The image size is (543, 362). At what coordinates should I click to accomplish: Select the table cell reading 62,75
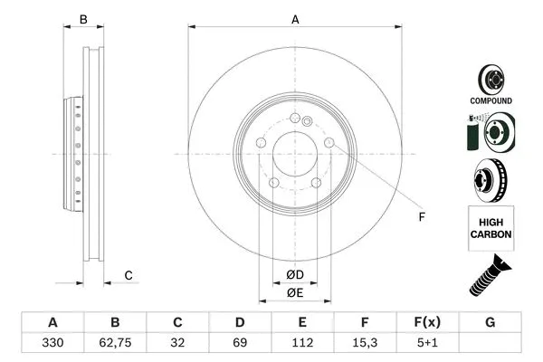[x=115, y=344]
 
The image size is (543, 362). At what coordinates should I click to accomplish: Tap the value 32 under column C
[x=177, y=344]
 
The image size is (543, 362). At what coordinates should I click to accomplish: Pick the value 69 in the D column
[x=240, y=344]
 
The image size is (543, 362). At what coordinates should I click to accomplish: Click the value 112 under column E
[x=303, y=344]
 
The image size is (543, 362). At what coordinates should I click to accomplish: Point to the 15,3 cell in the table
[x=366, y=344]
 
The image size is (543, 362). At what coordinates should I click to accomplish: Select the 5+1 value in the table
[x=428, y=344]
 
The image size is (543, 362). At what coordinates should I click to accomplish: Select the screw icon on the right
[x=491, y=275]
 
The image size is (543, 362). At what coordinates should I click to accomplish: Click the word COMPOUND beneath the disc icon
[x=491, y=100]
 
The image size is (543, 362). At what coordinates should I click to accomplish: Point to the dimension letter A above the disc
[x=294, y=19]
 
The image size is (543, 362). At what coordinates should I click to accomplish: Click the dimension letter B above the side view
[x=82, y=19]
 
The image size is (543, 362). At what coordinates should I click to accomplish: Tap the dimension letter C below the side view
[x=129, y=275]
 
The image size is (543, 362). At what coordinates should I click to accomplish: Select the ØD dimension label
[x=294, y=275]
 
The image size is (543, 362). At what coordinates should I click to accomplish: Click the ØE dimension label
[x=294, y=292]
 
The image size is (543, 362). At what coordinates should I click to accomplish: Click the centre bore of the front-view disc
[x=294, y=153]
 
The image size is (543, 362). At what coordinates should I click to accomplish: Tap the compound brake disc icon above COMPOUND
[x=491, y=77]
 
